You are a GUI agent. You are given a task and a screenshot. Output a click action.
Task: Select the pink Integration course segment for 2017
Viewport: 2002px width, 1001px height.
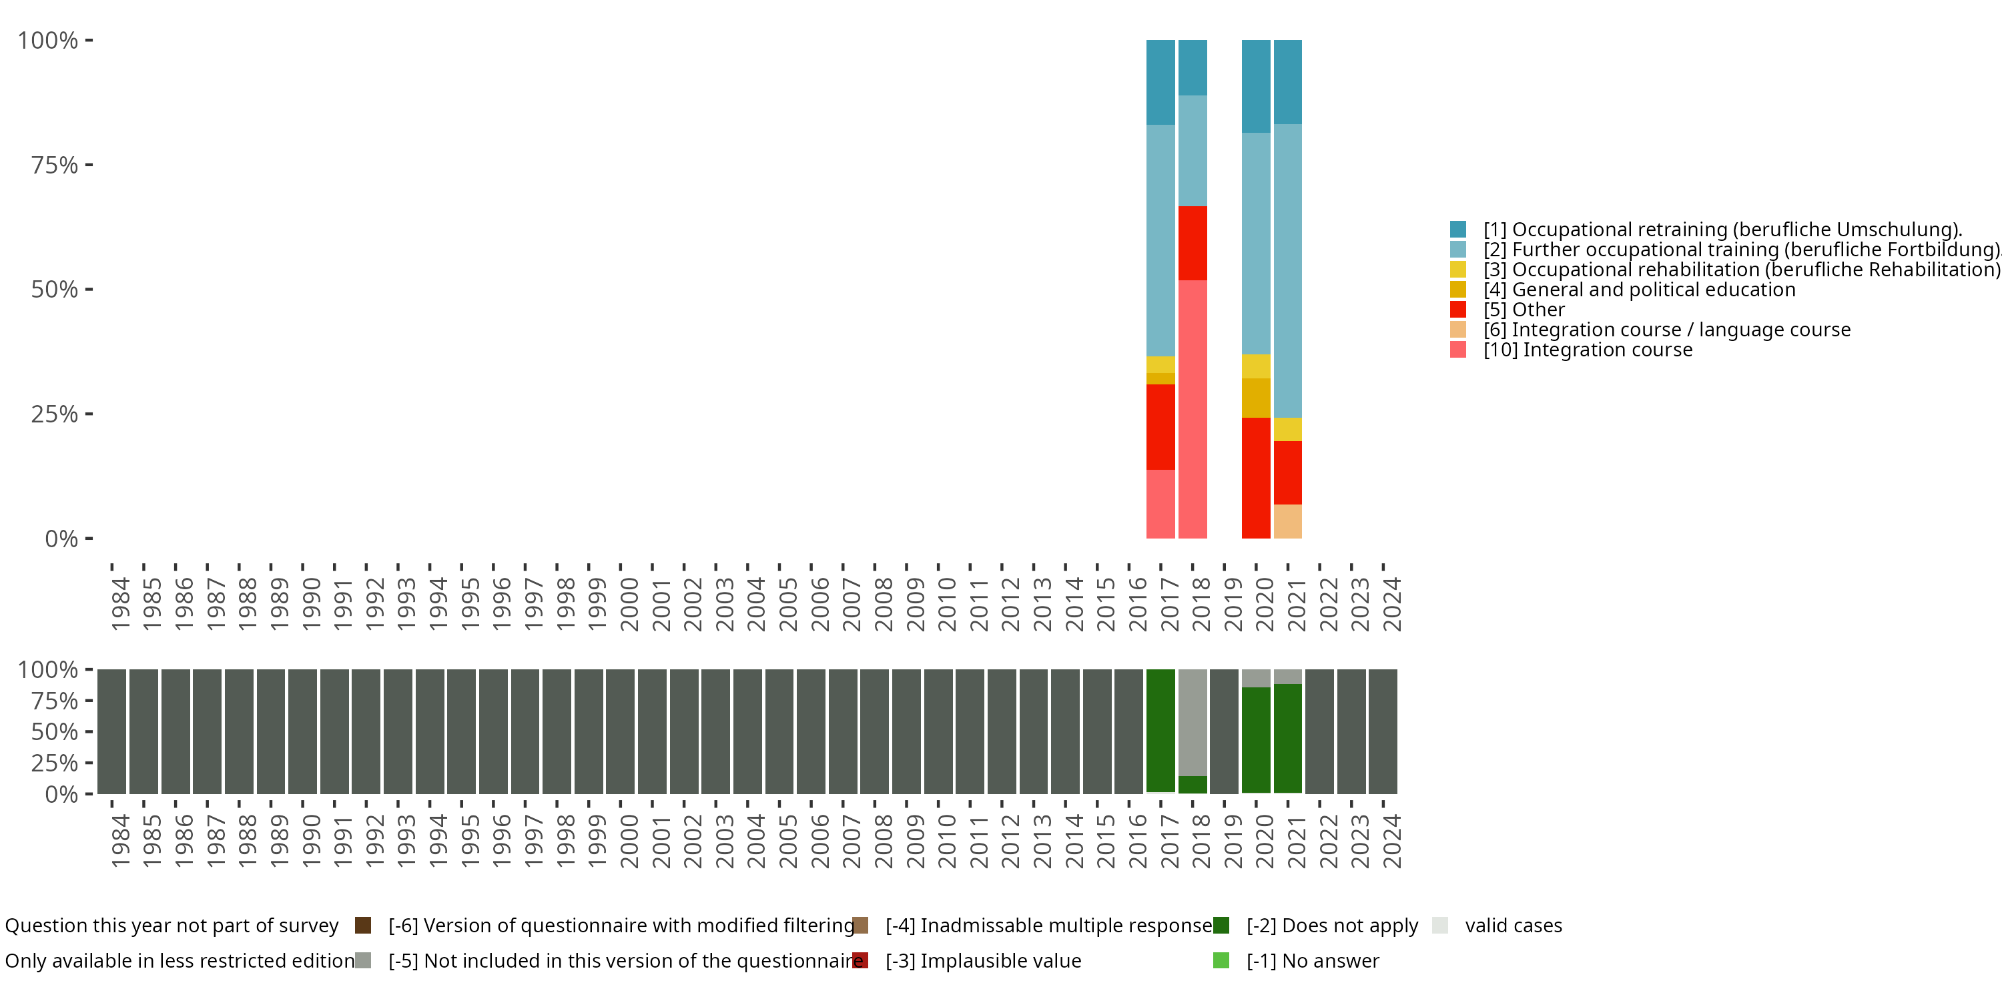[x=1160, y=504]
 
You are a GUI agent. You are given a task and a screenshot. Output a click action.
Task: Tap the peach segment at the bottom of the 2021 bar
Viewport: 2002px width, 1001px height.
[x=1288, y=521]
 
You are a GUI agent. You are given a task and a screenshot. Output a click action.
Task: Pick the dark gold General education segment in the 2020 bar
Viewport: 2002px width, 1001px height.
[x=1256, y=398]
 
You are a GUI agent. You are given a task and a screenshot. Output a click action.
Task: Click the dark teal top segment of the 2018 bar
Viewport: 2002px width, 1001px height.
[x=1192, y=67]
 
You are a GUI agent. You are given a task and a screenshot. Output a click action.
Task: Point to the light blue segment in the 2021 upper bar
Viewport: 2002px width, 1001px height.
[x=1288, y=270]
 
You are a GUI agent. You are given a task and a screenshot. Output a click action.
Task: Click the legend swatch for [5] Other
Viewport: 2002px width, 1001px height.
[x=1458, y=310]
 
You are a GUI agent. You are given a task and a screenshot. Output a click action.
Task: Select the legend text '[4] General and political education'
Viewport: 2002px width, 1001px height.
[x=1639, y=290]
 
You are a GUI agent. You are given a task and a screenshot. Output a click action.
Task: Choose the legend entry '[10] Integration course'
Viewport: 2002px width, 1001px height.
[x=1587, y=350]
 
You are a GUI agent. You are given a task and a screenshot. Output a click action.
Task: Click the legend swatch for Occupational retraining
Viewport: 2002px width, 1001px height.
[x=1458, y=230]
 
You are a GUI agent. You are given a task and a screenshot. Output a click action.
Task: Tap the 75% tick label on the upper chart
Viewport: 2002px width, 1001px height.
[x=55, y=165]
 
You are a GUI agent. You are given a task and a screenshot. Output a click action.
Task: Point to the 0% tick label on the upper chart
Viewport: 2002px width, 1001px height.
[x=61, y=539]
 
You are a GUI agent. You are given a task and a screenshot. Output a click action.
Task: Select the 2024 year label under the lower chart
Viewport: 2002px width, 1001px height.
[x=1392, y=841]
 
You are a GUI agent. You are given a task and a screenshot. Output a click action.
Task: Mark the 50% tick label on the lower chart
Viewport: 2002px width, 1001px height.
[x=55, y=732]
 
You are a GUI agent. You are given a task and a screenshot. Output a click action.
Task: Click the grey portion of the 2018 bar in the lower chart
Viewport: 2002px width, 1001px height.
[x=1192, y=723]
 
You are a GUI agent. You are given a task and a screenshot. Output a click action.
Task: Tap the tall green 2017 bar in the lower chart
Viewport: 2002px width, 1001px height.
[x=1160, y=731]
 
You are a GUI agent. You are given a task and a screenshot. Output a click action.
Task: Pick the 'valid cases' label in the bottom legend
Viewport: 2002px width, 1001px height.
[x=1513, y=926]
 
